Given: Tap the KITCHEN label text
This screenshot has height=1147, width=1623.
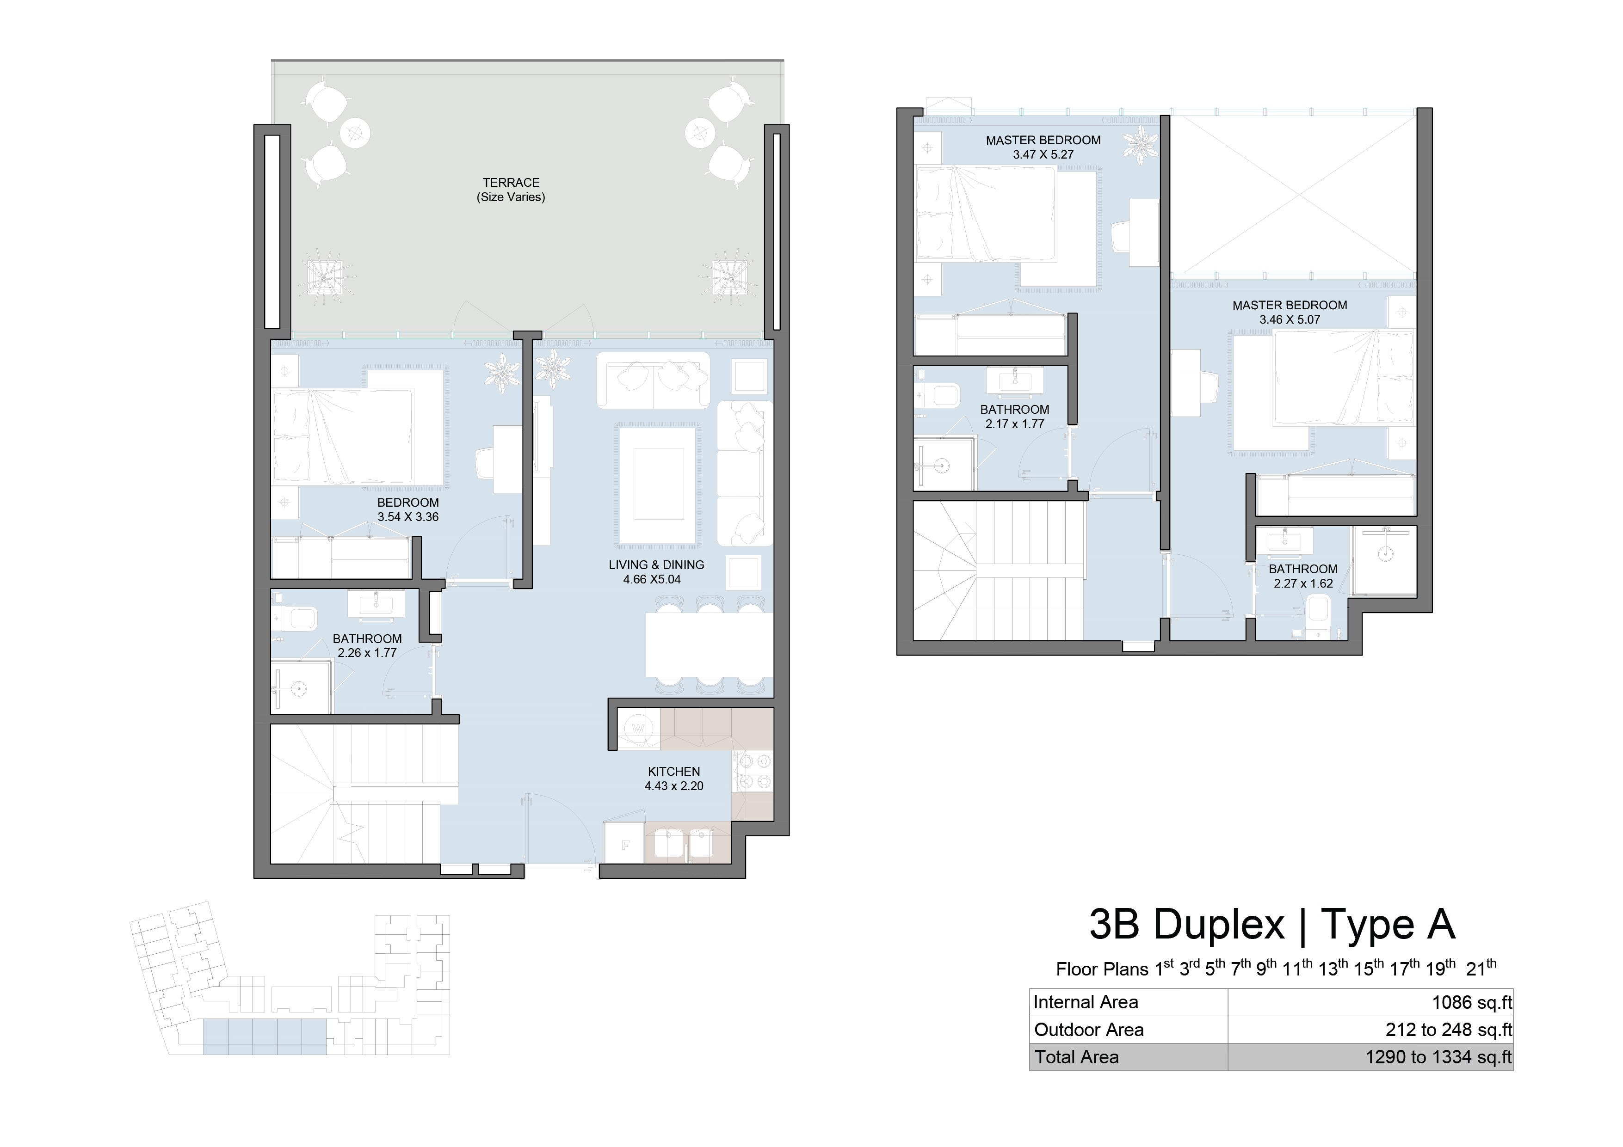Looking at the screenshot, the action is [673, 772].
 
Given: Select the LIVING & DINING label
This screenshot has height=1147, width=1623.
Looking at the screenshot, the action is [656, 564].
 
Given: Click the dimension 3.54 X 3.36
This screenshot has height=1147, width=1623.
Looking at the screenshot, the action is [408, 516].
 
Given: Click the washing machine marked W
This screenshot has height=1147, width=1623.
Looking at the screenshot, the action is [639, 729].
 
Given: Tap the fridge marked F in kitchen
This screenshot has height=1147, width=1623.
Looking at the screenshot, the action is [625, 844].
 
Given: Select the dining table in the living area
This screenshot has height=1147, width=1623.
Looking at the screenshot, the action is [710, 644].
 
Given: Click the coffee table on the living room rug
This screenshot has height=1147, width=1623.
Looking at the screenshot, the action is [658, 484].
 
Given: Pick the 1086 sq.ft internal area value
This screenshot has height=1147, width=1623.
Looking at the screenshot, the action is [1472, 1002].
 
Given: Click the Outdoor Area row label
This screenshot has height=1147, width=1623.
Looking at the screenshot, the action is [1089, 1030].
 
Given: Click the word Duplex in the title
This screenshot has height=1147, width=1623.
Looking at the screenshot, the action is [1219, 924].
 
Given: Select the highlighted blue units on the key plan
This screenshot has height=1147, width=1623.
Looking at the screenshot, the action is [265, 1037].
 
